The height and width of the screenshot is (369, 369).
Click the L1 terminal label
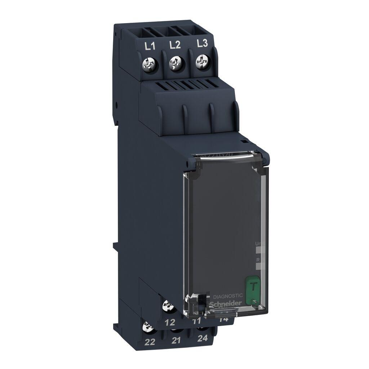coord(150,46)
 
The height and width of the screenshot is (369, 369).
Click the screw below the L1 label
coord(150,66)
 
